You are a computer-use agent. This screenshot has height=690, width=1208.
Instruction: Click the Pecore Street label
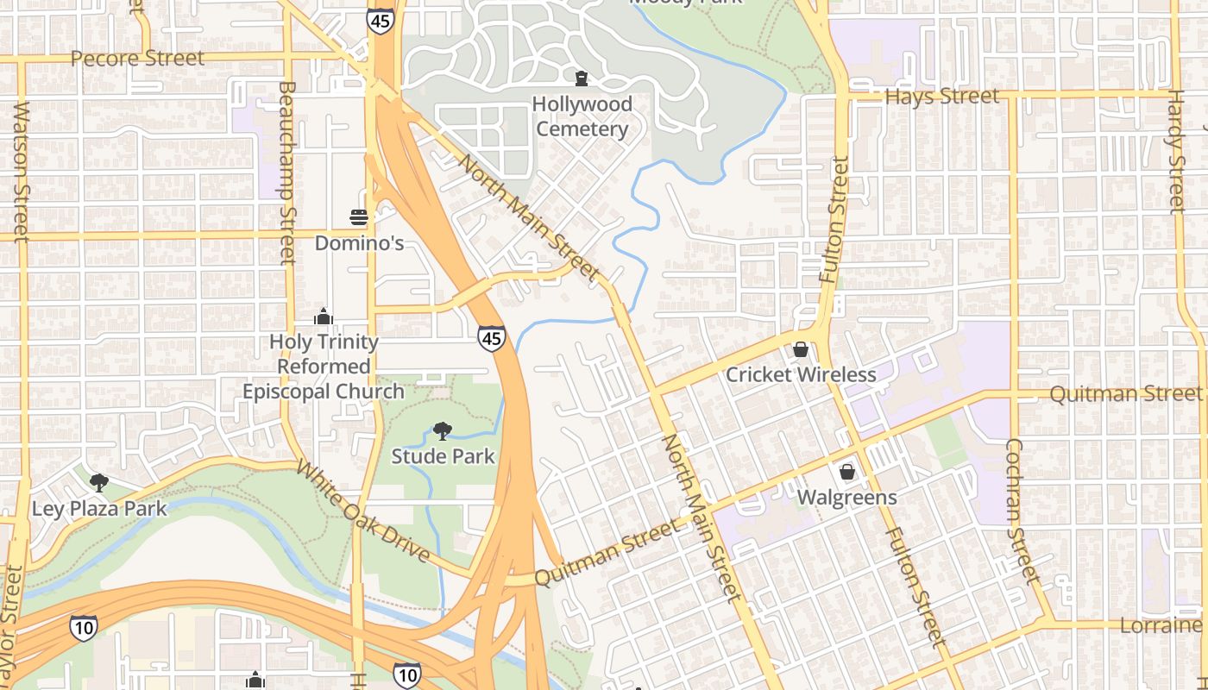tap(137, 59)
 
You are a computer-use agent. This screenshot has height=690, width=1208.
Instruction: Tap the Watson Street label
tap(22, 172)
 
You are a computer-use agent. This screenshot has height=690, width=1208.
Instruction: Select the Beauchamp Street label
tap(287, 172)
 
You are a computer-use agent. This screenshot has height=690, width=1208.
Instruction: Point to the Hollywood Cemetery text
tap(582, 116)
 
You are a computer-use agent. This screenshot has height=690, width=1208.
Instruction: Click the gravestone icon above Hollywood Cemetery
tap(582, 79)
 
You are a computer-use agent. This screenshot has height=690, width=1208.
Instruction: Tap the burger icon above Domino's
tap(359, 216)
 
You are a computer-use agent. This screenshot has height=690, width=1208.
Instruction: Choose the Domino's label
tap(359, 243)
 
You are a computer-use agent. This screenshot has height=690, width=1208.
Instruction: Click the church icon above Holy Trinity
tap(324, 317)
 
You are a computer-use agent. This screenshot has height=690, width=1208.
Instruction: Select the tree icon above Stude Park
tap(443, 430)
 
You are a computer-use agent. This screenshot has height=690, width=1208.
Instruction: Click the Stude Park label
tap(443, 456)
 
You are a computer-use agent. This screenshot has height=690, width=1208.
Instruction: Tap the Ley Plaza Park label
tap(99, 508)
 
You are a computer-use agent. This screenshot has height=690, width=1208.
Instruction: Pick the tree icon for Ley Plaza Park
tap(99, 481)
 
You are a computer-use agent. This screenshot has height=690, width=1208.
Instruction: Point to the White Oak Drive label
tap(363, 511)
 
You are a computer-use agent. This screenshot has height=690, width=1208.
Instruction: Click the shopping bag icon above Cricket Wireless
tap(801, 349)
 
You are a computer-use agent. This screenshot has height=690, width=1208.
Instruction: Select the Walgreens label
tap(846, 498)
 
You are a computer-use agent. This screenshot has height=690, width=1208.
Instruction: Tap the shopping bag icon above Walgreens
tap(847, 472)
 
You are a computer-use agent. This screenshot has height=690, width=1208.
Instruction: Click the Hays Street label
tap(942, 96)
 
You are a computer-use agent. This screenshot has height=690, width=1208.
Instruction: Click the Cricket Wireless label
tap(801, 374)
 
